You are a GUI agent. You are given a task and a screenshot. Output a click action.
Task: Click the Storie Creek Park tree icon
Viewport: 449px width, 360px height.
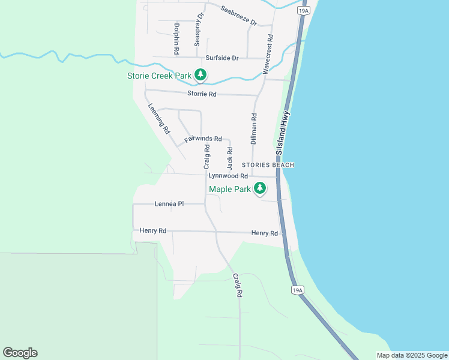200,75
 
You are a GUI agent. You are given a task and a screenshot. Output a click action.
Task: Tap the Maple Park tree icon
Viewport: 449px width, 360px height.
260,189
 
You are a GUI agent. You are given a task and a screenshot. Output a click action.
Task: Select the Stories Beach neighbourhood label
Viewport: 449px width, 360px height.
268,164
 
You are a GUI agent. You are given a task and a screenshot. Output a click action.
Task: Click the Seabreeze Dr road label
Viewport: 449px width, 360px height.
238,16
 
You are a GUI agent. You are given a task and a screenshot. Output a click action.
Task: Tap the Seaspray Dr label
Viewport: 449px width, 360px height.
197,29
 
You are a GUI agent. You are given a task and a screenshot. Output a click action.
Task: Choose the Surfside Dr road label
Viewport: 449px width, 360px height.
222,58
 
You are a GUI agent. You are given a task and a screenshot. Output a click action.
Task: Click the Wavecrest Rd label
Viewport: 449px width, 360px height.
268,54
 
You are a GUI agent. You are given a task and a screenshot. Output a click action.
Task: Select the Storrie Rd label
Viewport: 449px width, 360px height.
202,94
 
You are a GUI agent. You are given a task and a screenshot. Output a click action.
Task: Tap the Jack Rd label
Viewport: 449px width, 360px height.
229,157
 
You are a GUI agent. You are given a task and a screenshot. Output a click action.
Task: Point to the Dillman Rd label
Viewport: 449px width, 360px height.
254,129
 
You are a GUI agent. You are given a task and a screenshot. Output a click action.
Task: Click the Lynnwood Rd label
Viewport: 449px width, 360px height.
228,176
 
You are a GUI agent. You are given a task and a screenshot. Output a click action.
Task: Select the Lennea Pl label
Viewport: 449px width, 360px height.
169,204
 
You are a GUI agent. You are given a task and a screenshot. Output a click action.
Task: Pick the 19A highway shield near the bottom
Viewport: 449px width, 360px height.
297,290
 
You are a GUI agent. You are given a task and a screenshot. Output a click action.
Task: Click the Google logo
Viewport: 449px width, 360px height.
20,353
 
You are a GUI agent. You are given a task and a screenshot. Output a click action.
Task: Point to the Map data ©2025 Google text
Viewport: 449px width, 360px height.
412,355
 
